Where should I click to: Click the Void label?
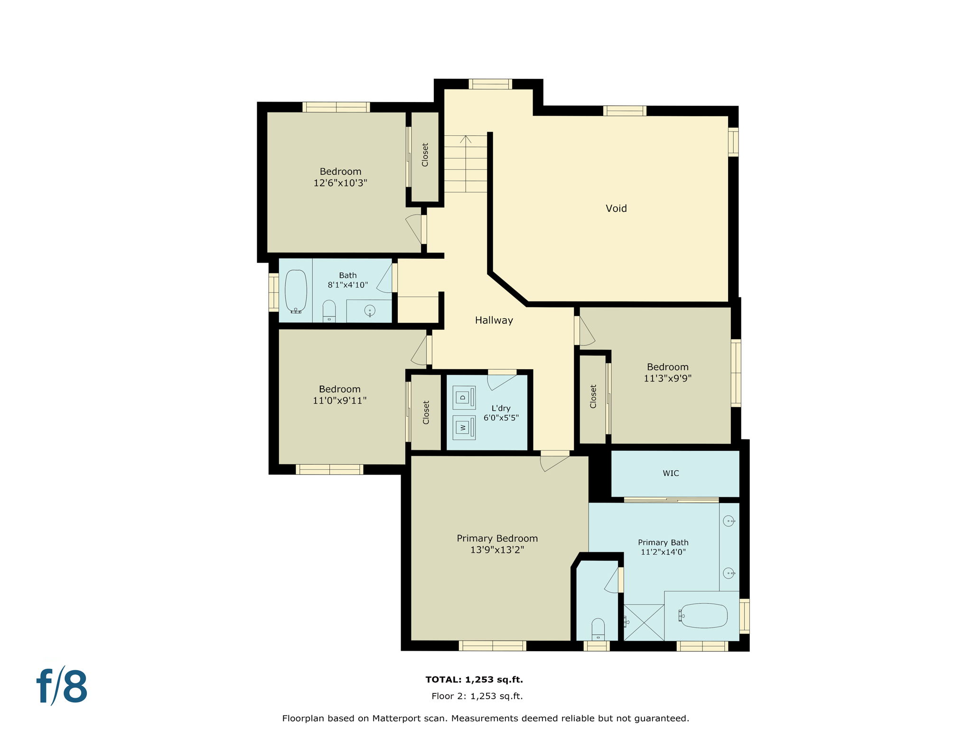(x=616, y=208)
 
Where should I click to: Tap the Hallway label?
(x=494, y=320)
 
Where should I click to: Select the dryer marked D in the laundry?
(x=464, y=398)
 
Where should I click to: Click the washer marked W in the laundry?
(x=464, y=428)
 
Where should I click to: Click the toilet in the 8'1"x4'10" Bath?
(x=329, y=311)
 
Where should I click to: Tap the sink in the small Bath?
(x=370, y=311)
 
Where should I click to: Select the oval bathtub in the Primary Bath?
(x=704, y=616)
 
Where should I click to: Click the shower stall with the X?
(x=644, y=622)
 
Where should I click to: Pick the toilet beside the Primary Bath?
(x=598, y=629)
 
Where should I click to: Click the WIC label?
(x=671, y=473)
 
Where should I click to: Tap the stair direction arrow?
(x=466, y=140)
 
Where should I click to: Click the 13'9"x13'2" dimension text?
(x=497, y=550)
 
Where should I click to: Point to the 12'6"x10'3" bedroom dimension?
(x=340, y=183)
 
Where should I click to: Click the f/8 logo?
(x=62, y=686)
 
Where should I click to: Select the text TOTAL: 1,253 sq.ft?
(x=474, y=680)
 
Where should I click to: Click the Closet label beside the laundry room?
(x=426, y=412)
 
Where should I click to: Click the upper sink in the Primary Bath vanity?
(x=729, y=521)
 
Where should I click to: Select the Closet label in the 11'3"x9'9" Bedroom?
(x=593, y=396)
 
